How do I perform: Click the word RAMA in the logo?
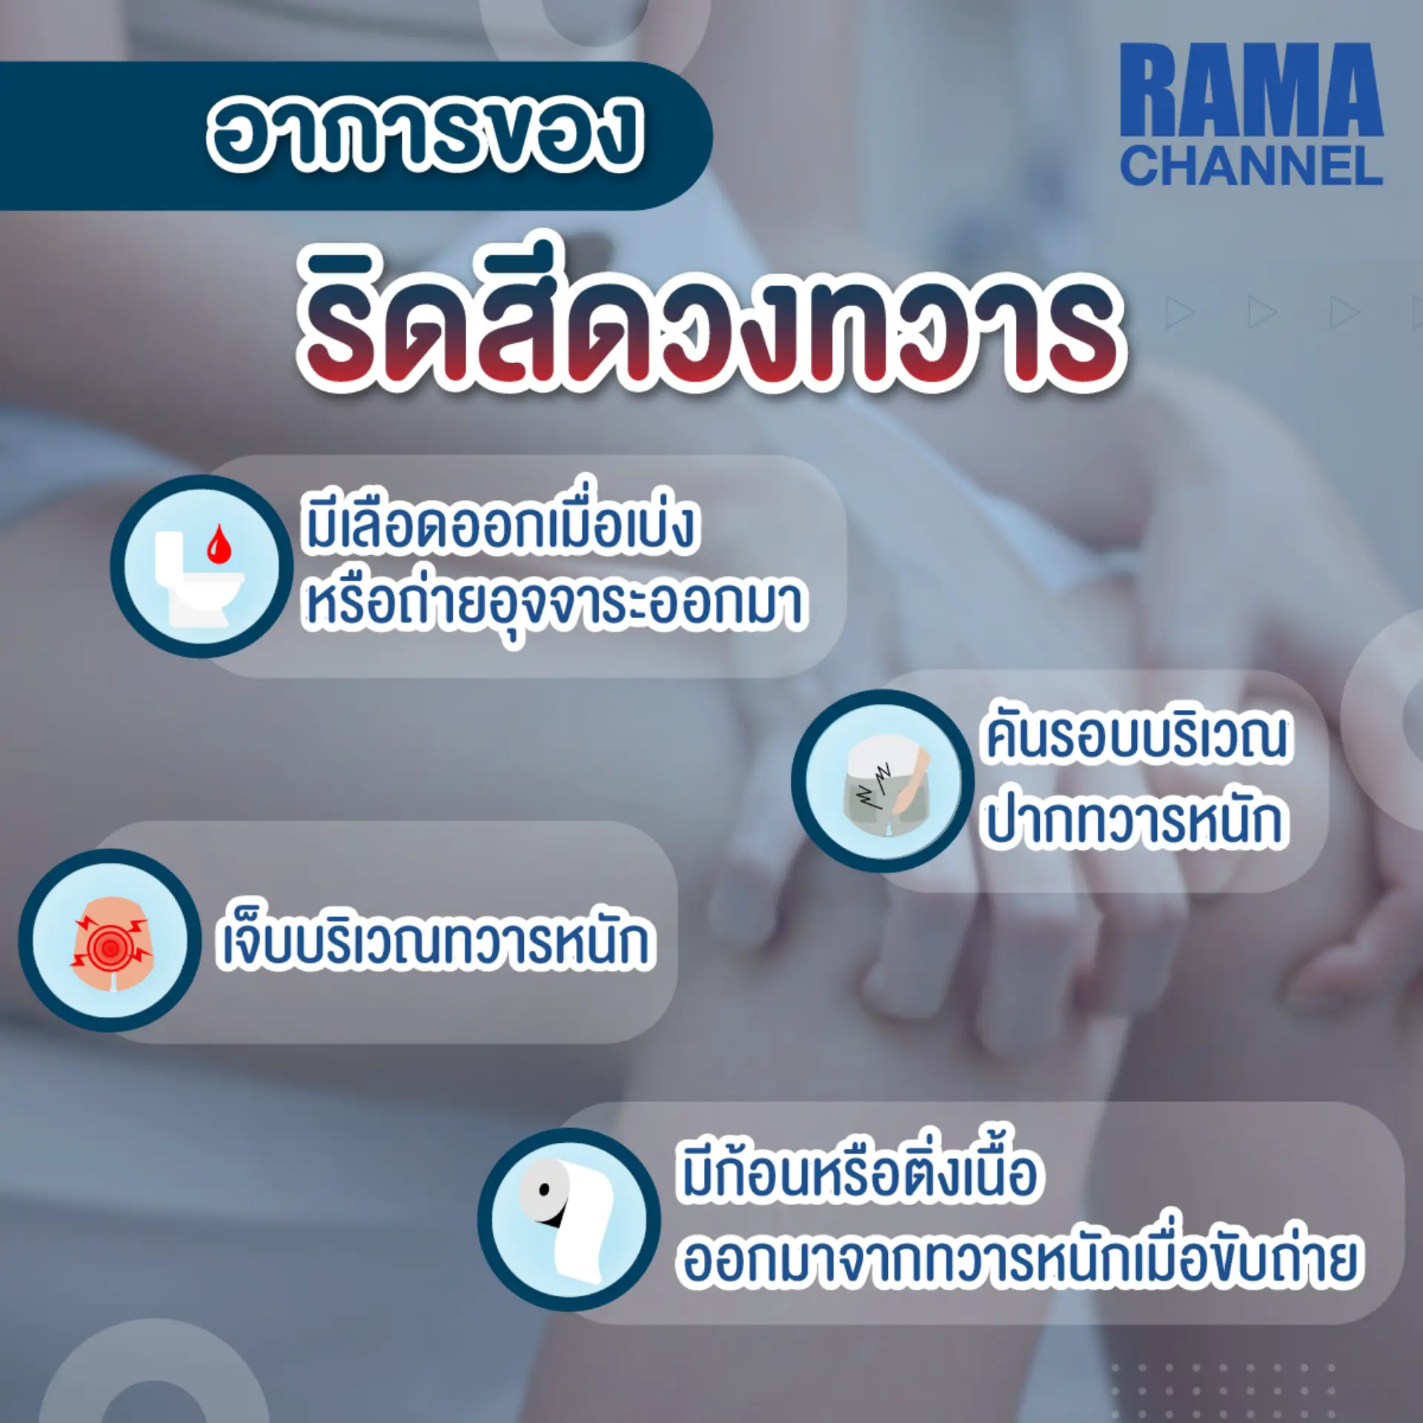coord(1251,90)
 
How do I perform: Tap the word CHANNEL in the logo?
coord(1251,166)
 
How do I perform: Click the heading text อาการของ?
coord(425,133)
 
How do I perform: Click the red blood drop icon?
coord(219,544)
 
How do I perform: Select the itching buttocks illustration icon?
coord(883,782)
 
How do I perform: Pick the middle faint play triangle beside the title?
coord(1262,311)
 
